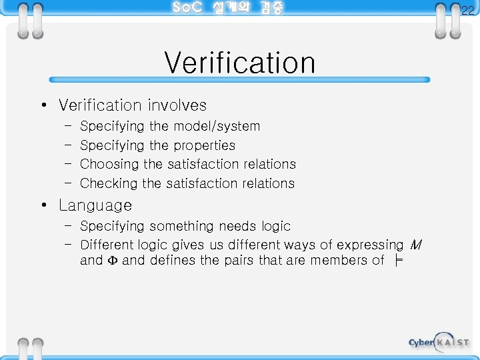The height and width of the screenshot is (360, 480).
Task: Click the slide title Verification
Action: [239, 63]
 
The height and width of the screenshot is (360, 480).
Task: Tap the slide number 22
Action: [468, 10]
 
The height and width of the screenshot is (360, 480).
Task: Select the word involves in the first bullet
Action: [177, 105]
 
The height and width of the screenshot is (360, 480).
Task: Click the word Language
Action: [95, 205]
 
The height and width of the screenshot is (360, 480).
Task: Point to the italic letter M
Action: [416, 245]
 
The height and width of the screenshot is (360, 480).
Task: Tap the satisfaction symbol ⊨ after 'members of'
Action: [398, 261]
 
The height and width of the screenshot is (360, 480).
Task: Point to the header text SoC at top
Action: [187, 8]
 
